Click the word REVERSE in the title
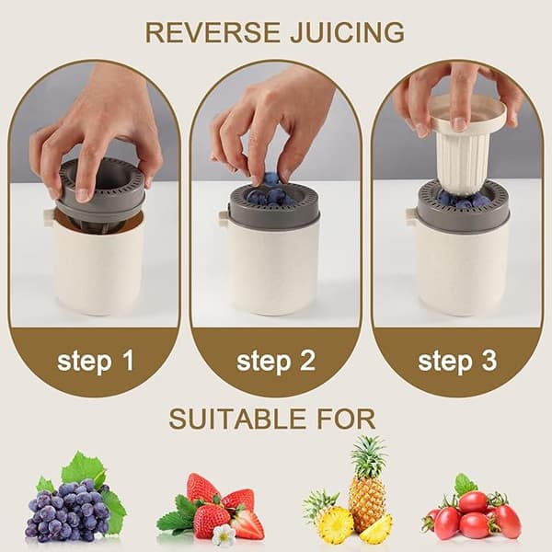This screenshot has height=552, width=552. pos(213,32)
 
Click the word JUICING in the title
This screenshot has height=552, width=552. pos(347,32)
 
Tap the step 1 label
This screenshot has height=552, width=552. pos(96,362)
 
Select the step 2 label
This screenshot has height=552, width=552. pos(276,362)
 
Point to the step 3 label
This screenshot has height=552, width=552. pos(457,362)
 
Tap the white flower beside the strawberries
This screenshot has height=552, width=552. pos(224,535)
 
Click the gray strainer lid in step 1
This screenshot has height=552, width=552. pos(102,190)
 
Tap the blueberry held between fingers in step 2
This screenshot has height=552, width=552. pos(270,178)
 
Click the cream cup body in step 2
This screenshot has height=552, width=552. pos(274,270)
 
